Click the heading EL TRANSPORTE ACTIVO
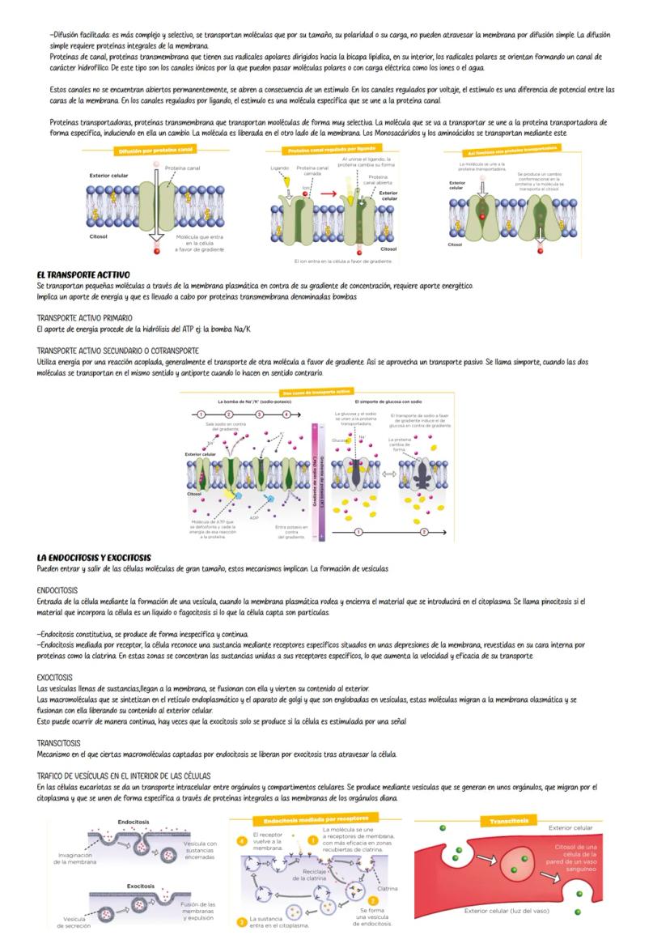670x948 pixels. click(83, 275)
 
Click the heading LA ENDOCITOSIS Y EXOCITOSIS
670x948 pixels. click(94, 558)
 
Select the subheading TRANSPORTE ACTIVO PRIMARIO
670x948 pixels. click(84, 318)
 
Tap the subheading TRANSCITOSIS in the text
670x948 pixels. click(58, 742)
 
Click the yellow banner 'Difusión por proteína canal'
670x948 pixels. click(155, 151)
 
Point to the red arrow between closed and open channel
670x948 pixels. click(328, 194)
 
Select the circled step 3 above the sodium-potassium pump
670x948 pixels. click(260, 414)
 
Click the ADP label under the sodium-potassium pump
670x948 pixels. click(254, 517)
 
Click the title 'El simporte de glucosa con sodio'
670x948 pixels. click(388, 402)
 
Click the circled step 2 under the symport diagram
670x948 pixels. click(424, 532)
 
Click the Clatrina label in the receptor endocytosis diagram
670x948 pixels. click(387, 888)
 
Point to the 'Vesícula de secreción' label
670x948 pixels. click(74, 922)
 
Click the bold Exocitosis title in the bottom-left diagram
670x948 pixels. click(141, 886)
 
